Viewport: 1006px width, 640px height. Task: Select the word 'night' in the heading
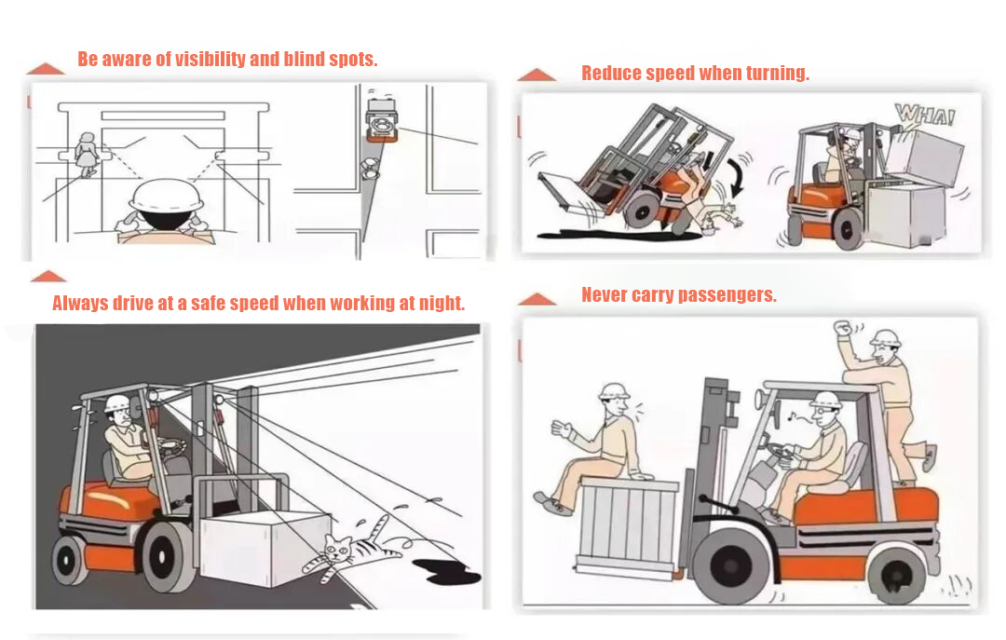[438, 304]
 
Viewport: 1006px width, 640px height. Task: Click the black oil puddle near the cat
[443, 570]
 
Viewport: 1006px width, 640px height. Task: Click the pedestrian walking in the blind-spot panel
[87, 155]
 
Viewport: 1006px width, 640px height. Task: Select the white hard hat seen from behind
[164, 197]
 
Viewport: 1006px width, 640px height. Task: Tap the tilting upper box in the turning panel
[922, 156]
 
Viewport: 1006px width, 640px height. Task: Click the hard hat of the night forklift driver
[116, 403]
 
